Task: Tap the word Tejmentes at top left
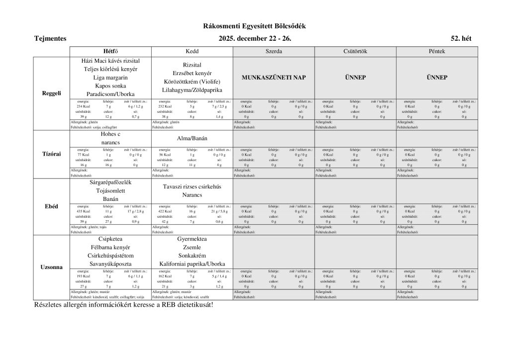pyautogui.click(x=50, y=38)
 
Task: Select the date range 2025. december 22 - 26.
pyautogui.click(x=254, y=38)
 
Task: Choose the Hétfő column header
pyautogui.click(x=110, y=51)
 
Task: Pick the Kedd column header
pyautogui.click(x=192, y=51)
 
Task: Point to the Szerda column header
pyautogui.click(x=273, y=51)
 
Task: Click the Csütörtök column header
pyautogui.click(x=355, y=51)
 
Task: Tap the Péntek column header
pyautogui.click(x=436, y=51)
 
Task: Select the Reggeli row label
pyautogui.click(x=52, y=93)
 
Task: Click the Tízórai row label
pyautogui.click(x=52, y=154)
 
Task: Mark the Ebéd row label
pyautogui.click(x=52, y=206)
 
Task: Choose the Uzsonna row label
pyautogui.click(x=52, y=267)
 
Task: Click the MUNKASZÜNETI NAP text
pyautogui.click(x=273, y=78)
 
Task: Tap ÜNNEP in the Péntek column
pyautogui.click(x=436, y=78)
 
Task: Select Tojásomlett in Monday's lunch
pyautogui.click(x=110, y=190)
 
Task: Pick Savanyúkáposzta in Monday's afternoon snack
pyautogui.click(x=110, y=264)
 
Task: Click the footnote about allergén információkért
pyautogui.click(x=123, y=304)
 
